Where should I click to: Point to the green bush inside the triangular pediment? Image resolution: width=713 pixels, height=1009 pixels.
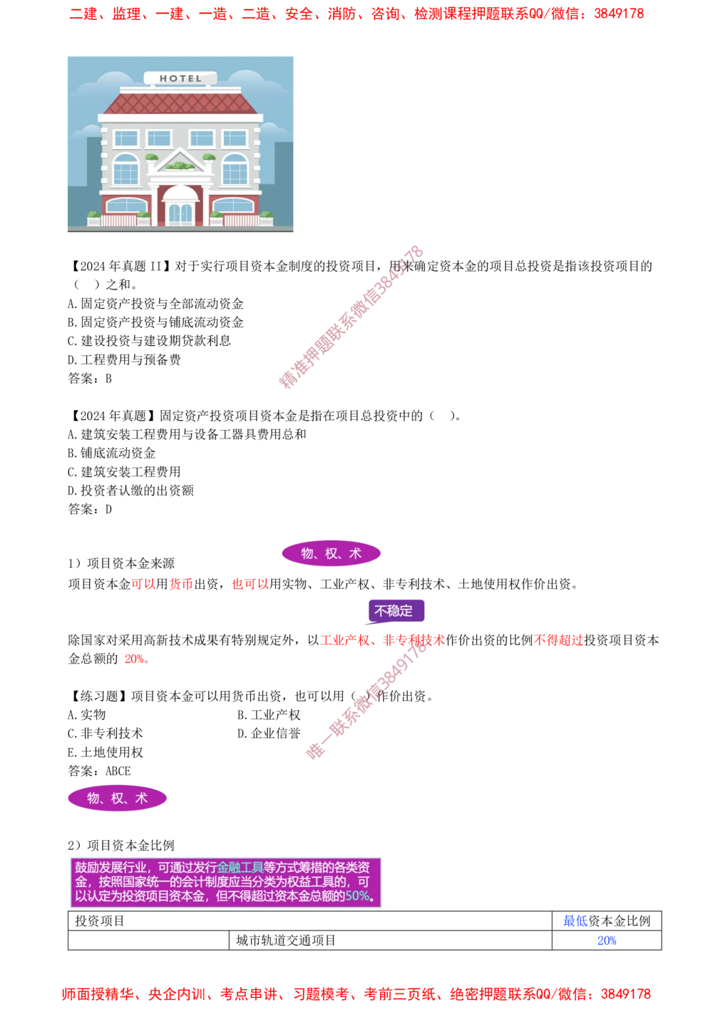click(x=180, y=166)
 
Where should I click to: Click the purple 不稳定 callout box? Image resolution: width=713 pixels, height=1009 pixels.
click(x=394, y=611)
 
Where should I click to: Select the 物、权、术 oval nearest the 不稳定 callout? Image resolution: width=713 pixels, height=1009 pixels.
click(x=331, y=553)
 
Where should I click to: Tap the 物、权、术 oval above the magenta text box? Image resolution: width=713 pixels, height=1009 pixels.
click(x=117, y=798)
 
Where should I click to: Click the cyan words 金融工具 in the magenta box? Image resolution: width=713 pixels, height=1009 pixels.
click(x=240, y=868)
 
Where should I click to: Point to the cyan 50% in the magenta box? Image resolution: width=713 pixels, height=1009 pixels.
click(x=358, y=896)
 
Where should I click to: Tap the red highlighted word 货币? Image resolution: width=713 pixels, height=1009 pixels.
click(x=180, y=585)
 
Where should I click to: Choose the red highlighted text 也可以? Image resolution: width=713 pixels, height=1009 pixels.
click(x=250, y=585)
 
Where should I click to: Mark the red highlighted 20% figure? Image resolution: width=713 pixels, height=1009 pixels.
click(x=135, y=660)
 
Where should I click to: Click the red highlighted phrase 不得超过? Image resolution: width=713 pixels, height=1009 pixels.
click(x=558, y=640)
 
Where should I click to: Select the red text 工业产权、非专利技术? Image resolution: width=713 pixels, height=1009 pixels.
click(x=382, y=640)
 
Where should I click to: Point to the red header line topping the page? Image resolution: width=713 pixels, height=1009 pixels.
click(x=356, y=14)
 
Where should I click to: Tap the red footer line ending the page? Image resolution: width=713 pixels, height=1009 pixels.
click(x=356, y=993)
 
